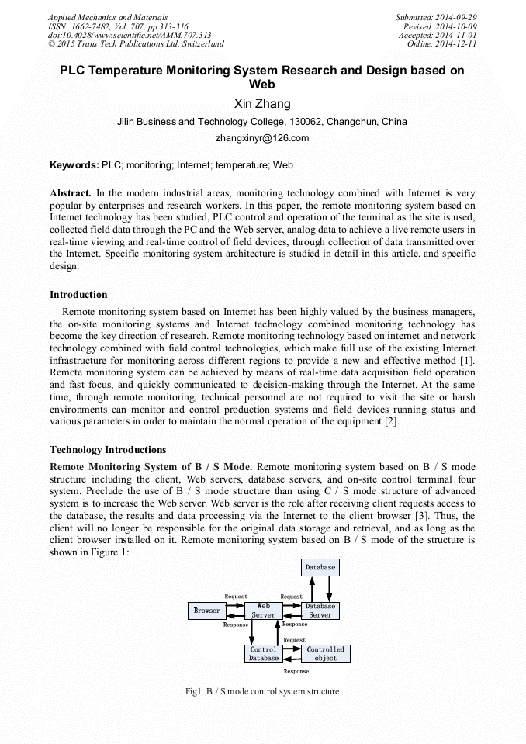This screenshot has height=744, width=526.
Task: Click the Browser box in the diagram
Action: pyautogui.click(x=207, y=611)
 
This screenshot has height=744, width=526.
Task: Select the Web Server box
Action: pyautogui.click(x=263, y=611)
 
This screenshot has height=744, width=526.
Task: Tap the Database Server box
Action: pyautogui.click(x=320, y=611)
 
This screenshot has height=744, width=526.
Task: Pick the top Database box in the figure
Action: pyautogui.click(x=320, y=567)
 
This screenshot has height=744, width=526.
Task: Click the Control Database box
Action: pyautogui.click(x=263, y=653)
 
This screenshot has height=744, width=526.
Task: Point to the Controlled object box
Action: pyautogui.click(x=326, y=653)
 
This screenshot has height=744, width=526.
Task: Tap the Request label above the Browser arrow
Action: pyautogui.click(x=236, y=597)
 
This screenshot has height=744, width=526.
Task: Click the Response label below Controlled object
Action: pyautogui.click(x=296, y=671)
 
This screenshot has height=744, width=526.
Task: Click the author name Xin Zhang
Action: pyautogui.click(x=263, y=104)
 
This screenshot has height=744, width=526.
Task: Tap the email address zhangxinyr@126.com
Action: pyautogui.click(x=263, y=138)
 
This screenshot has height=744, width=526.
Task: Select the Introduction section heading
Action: pyautogui.click(x=78, y=295)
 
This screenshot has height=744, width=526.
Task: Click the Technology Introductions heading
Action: pyautogui.click(x=108, y=450)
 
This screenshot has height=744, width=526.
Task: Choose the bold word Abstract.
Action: pyautogui.click(x=71, y=192)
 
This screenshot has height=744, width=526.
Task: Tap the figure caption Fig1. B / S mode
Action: pyautogui.click(x=262, y=691)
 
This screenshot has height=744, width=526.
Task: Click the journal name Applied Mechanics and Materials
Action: pyautogui.click(x=108, y=17)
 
